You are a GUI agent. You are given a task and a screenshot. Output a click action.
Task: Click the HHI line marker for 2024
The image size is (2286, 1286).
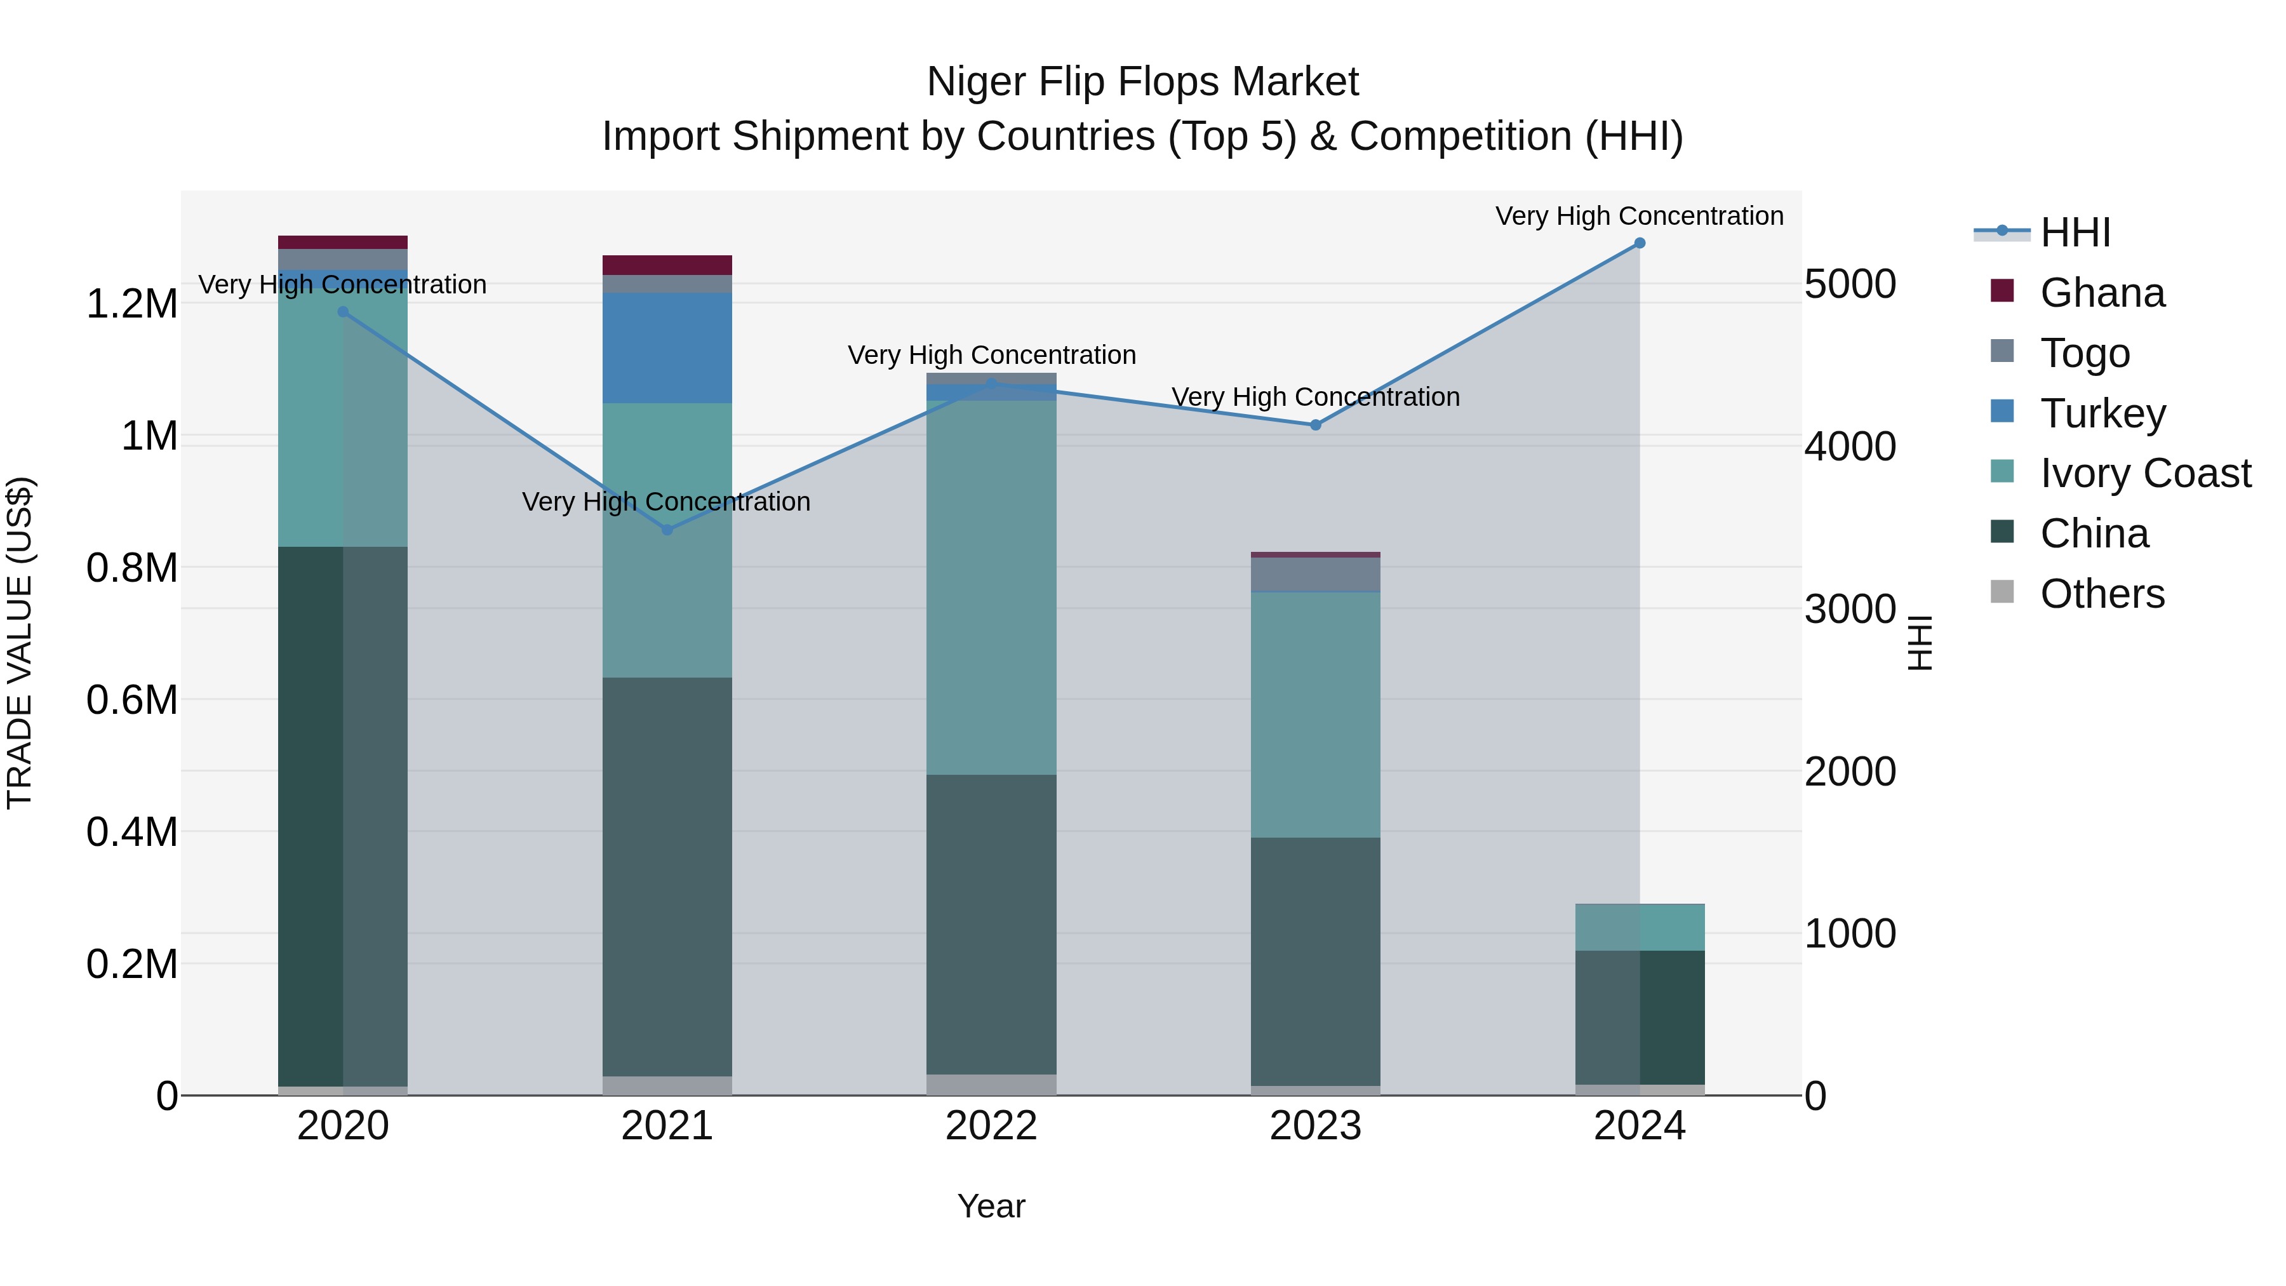tap(1639, 243)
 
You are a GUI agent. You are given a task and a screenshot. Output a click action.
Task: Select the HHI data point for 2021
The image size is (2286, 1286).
tap(667, 530)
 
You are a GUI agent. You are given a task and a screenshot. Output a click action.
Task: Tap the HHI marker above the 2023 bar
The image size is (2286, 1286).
tap(1315, 425)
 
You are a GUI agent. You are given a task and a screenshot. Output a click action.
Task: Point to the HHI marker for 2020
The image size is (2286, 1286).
tap(344, 312)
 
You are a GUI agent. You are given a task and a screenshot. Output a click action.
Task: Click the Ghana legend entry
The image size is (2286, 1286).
tap(2101, 293)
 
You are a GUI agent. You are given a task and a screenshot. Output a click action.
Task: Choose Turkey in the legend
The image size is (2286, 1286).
tap(2101, 413)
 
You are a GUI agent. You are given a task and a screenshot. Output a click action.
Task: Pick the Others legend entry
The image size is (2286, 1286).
tap(2101, 594)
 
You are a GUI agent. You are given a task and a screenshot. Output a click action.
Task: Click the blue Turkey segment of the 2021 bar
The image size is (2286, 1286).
tap(667, 348)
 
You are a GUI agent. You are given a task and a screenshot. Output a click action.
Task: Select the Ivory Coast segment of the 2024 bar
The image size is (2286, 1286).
tap(1639, 927)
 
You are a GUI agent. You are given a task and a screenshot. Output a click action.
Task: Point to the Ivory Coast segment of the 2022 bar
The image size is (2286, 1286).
tap(991, 587)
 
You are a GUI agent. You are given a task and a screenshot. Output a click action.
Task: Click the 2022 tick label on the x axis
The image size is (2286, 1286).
tap(991, 1126)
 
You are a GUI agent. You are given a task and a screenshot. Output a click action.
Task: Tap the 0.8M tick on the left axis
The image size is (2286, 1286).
tap(132, 568)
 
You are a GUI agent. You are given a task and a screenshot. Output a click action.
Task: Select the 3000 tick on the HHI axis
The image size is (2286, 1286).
tap(1849, 610)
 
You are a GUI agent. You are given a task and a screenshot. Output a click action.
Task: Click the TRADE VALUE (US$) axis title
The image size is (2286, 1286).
tap(20, 643)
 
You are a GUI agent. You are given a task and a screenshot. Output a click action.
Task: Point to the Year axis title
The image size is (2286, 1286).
tap(991, 1206)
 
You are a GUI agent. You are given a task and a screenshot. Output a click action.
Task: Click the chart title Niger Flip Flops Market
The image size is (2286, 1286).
tap(1142, 82)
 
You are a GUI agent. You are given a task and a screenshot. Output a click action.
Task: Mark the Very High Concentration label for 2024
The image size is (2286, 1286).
tap(1639, 216)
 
